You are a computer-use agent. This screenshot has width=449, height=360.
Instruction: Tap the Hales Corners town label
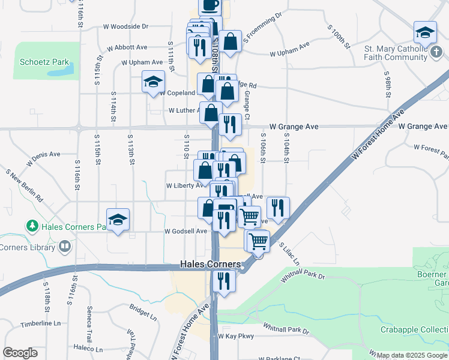click(211, 265)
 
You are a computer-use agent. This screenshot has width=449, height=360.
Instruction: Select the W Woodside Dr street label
click(125, 27)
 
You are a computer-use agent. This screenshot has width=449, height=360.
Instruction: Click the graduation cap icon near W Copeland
click(153, 82)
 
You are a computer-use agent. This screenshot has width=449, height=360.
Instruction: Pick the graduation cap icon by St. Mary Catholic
click(424, 32)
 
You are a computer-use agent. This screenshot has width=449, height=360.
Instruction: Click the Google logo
click(20, 353)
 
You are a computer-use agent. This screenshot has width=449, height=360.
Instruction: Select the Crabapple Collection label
click(414, 330)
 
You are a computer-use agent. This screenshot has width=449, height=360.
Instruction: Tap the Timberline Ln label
click(41, 323)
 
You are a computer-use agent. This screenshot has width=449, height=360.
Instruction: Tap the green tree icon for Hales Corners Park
click(32, 226)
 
